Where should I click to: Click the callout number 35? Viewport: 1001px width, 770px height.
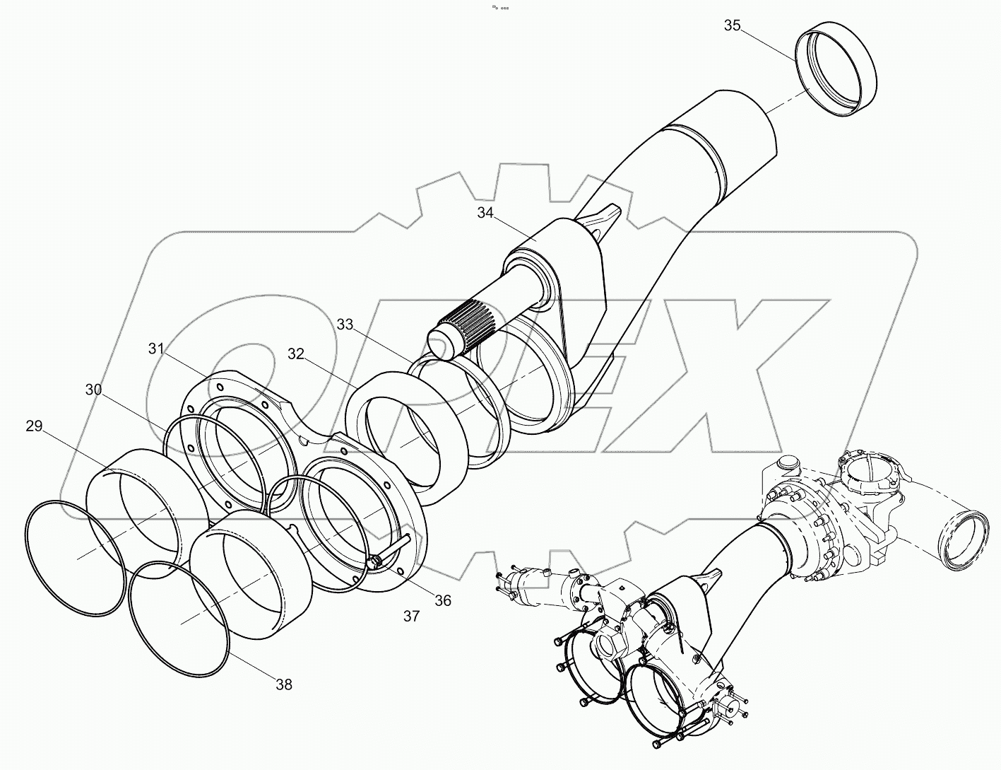point(732,26)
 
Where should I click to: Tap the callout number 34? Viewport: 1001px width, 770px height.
point(485,213)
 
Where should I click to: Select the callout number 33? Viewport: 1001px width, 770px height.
point(345,325)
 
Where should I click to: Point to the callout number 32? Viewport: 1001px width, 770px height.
point(295,354)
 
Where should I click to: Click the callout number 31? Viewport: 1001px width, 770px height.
point(157,349)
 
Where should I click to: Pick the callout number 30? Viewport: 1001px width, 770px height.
point(93,390)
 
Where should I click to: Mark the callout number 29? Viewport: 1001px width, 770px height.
point(35,426)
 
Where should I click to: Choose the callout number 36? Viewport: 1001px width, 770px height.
point(442,600)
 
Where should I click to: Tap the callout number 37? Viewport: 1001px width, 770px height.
point(412,616)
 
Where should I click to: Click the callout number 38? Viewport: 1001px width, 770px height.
point(284,684)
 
